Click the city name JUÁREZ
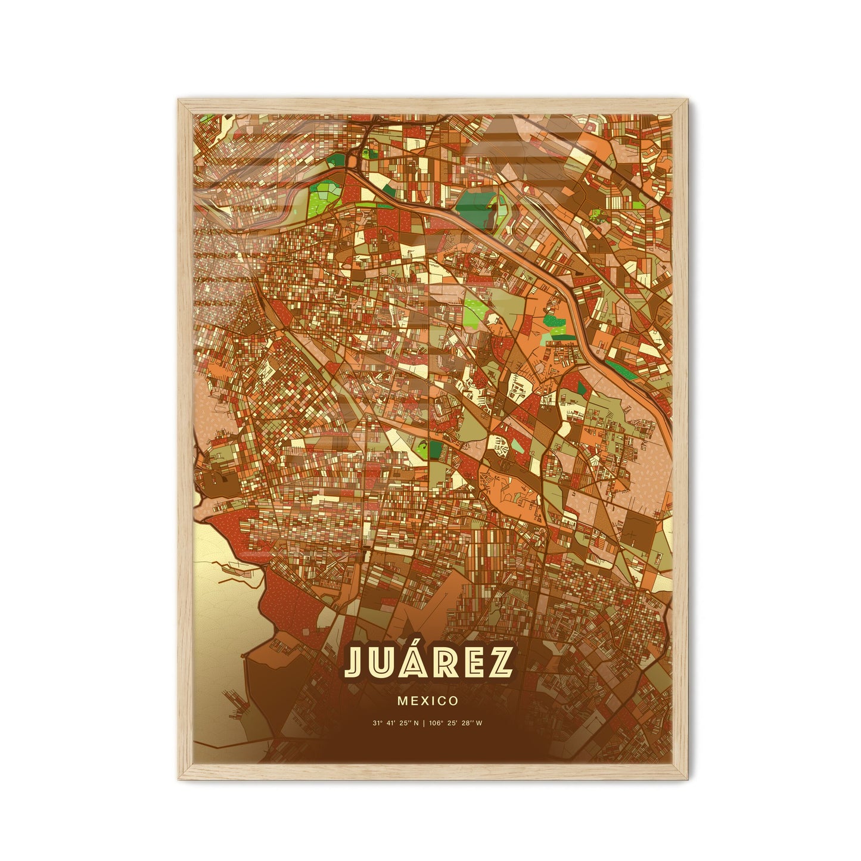click(429, 663)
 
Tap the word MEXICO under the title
click(428, 701)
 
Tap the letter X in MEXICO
click(425, 701)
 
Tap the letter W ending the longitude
click(480, 723)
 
